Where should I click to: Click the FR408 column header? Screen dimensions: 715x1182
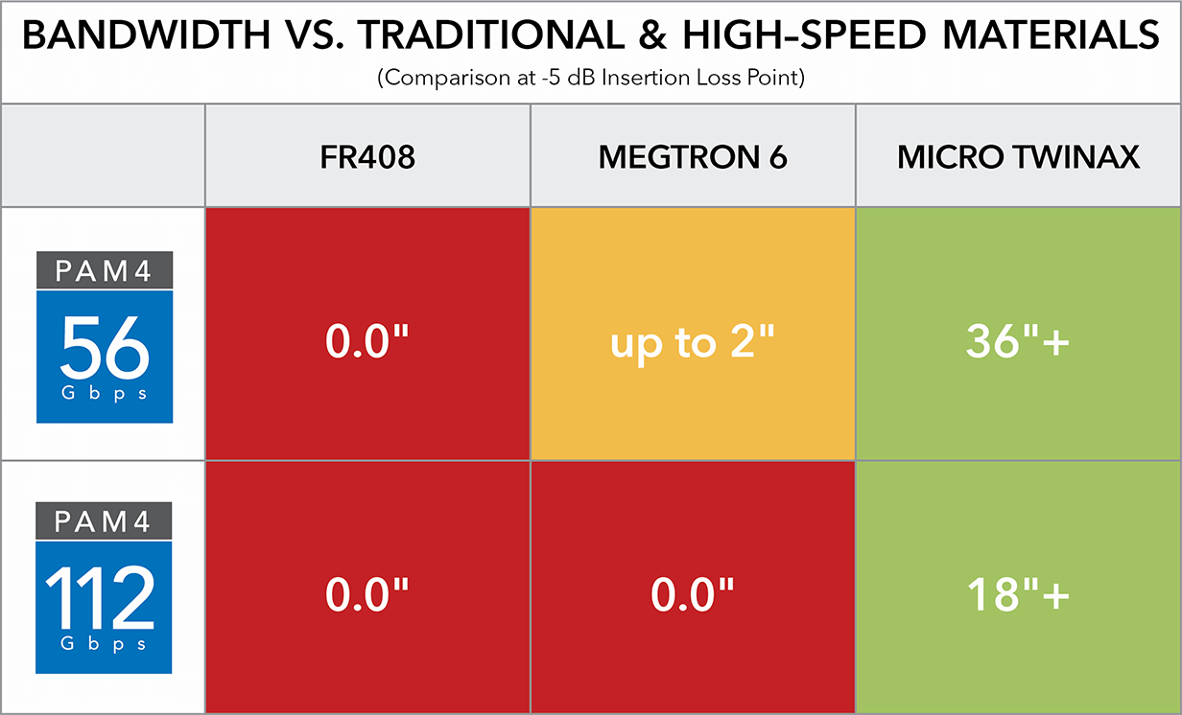pos(367,158)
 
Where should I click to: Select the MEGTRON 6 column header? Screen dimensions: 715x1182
pos(692,158)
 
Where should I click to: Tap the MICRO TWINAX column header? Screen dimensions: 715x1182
pos(1018,158)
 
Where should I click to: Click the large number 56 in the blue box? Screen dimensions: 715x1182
pos(105,348)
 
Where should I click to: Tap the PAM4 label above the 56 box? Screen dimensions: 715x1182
pos(105,271)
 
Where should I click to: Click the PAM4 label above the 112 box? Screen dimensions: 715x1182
pos(105,522)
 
